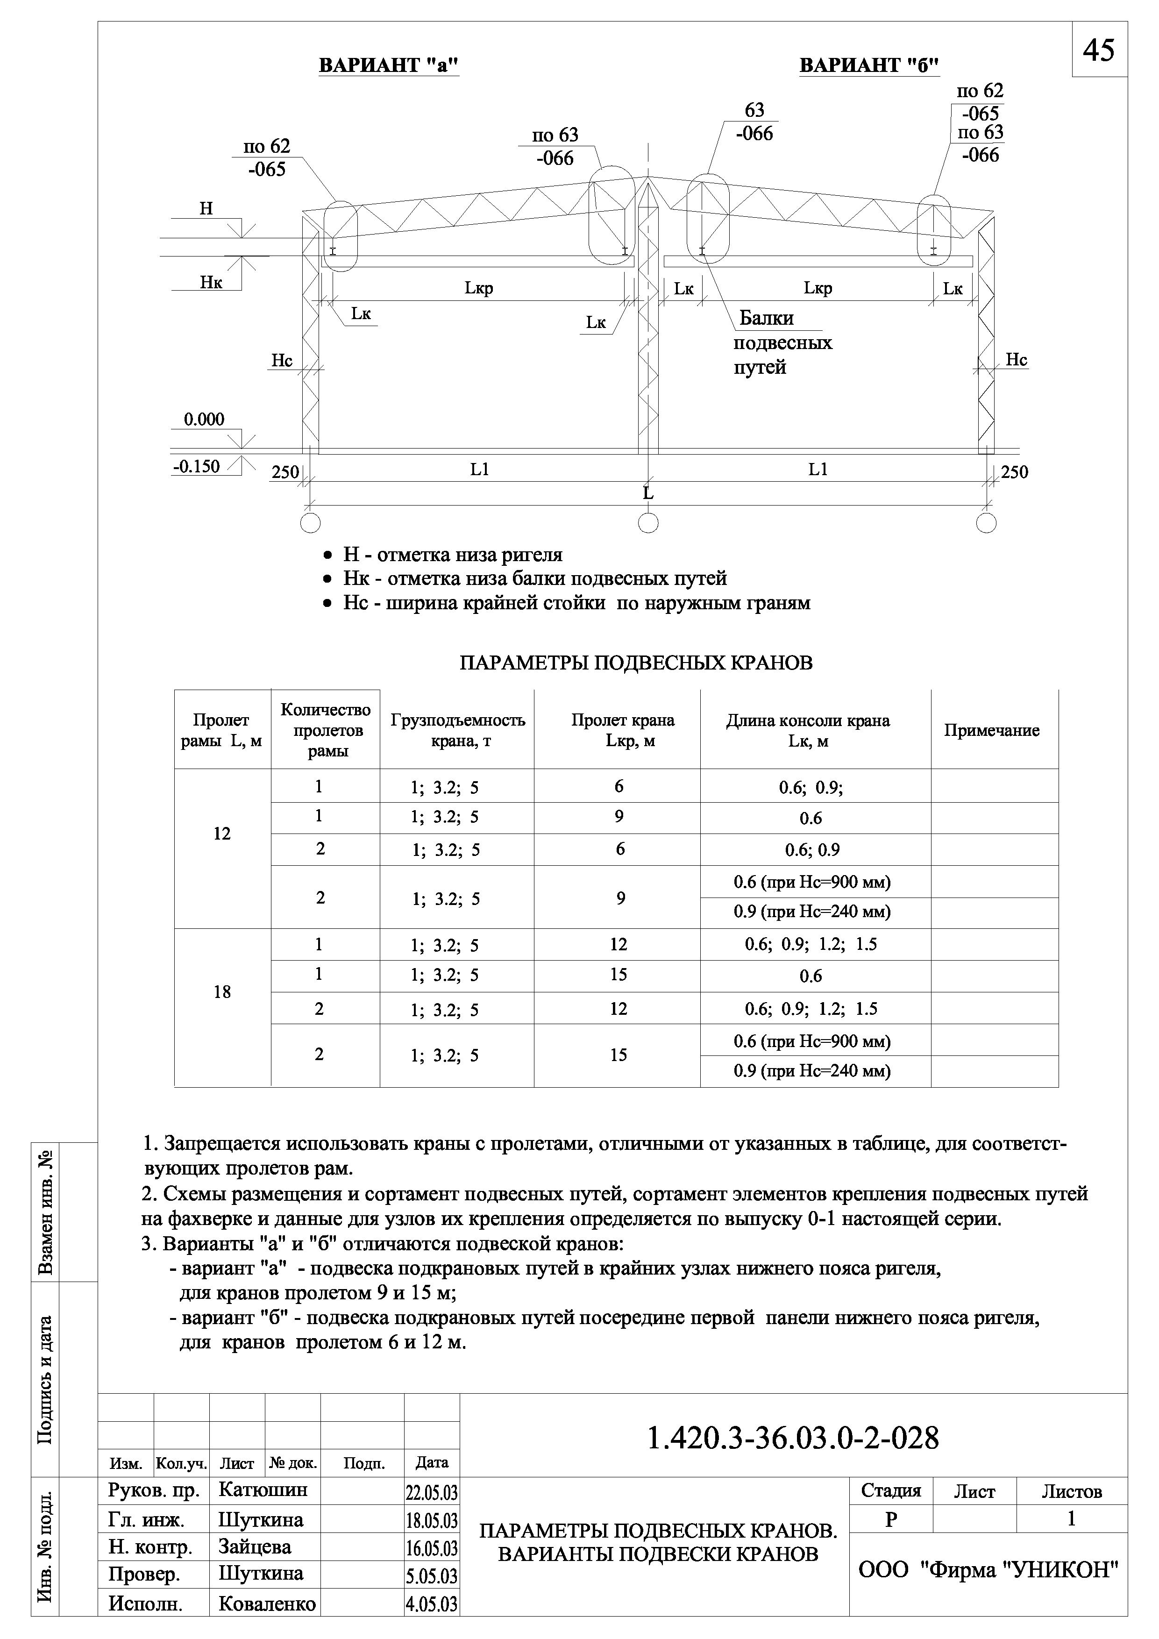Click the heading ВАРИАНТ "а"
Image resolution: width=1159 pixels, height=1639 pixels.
point(388,66)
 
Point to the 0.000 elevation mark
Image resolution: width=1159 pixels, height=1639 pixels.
point(204,420)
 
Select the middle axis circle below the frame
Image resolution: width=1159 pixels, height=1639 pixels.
point(647,522)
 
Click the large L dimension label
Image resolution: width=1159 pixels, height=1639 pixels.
point(647,493)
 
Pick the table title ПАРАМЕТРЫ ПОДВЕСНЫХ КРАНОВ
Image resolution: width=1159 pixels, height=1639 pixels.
point(635,663)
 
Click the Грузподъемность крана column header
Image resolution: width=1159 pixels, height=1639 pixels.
point(457,730)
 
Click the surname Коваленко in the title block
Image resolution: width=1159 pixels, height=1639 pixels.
point(267,1624)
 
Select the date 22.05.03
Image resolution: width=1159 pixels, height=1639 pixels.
point(431,1513)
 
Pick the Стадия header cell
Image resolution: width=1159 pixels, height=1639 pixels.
point(891,1511)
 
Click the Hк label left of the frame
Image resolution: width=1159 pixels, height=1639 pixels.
point(211,283)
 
